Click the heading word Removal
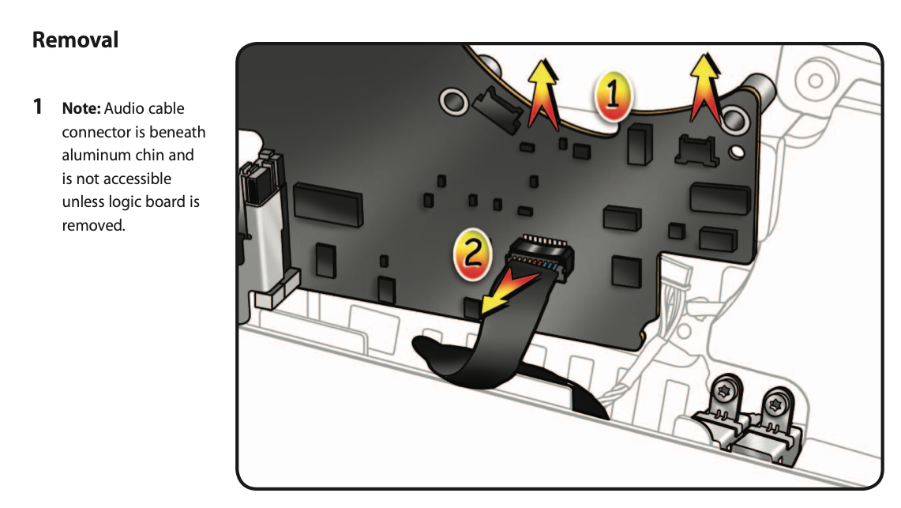75,40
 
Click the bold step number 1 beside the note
37,107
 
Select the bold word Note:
81,107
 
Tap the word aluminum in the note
95,155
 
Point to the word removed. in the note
93,225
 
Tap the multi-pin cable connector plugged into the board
542,258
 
